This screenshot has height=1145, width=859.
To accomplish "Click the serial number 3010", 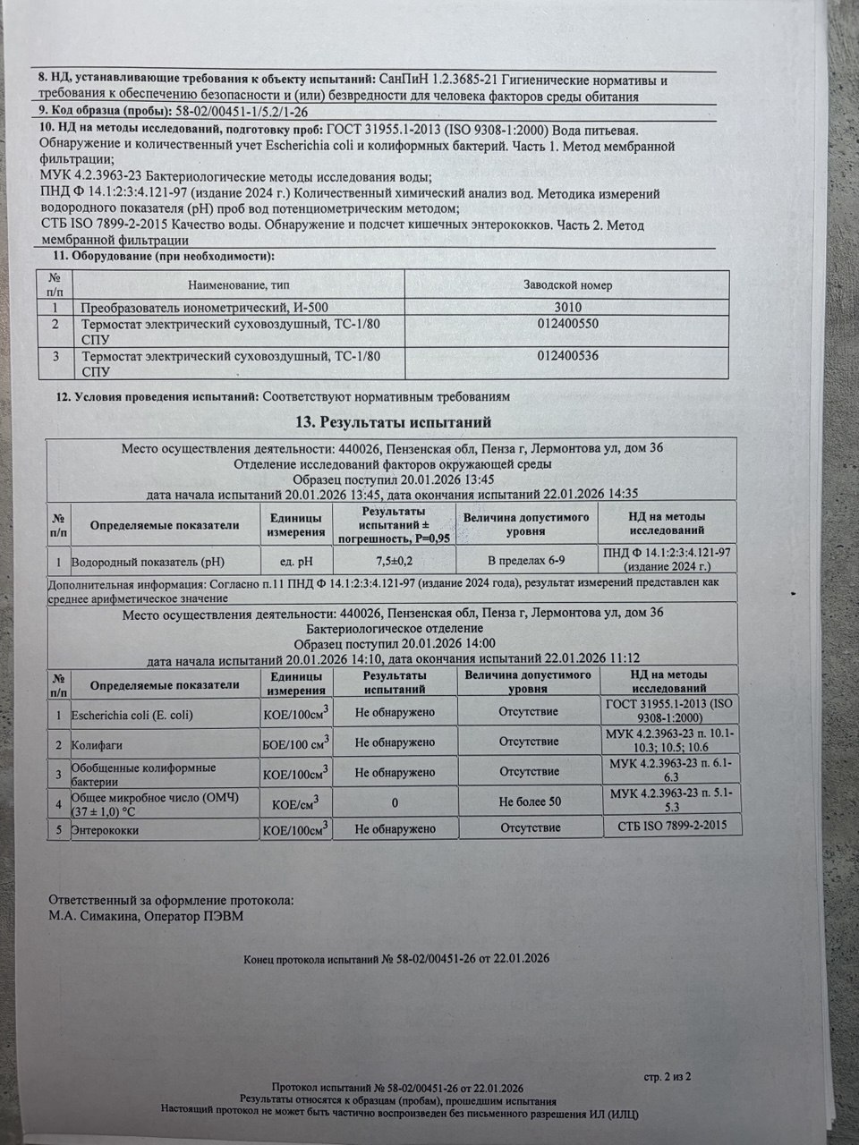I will point(567,307).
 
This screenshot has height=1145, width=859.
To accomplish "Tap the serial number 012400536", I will point(567,356).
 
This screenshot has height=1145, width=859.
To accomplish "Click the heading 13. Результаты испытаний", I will point(393,422).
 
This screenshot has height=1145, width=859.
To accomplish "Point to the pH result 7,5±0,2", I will point(395,560).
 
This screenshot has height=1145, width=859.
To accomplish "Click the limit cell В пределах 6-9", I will point(526,560).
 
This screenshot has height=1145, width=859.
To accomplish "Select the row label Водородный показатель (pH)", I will point(147,563).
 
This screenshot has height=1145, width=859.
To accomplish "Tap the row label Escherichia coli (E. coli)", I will point(132,715).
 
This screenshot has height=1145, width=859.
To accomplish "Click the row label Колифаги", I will point(90,744).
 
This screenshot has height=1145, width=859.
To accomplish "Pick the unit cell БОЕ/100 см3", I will point(295,742).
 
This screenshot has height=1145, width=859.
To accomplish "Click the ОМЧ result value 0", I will point(395,801).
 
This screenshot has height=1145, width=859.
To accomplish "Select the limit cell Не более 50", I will point(530,801).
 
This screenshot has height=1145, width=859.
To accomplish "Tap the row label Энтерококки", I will point(105,830).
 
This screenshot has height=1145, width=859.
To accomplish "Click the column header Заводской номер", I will point(567,285).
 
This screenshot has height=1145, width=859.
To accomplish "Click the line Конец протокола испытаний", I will point(396,958).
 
